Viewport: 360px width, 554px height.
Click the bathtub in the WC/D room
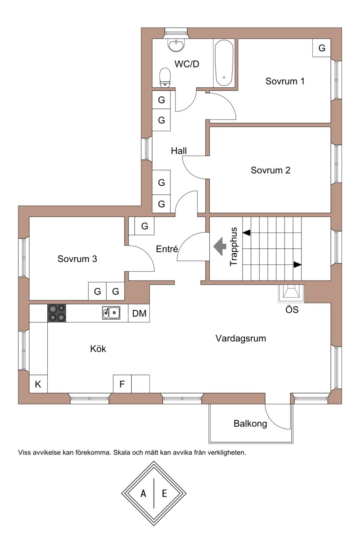(224, 63)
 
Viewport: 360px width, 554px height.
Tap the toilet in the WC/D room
(165, 78)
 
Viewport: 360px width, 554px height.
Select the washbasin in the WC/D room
(176, 45)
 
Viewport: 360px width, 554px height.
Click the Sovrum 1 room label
(285, 81)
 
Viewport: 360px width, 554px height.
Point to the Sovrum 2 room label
(270, 170)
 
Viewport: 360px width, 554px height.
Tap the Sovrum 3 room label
(77, 259)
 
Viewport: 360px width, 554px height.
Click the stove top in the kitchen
(57, 313)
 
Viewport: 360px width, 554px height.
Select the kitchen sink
(111, 313)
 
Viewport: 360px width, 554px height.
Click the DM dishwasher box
(139, 313)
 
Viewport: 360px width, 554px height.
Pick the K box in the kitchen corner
(38, 384)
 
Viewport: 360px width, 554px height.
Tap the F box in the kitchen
(122, 384)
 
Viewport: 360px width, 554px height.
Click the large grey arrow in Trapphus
(220, 246)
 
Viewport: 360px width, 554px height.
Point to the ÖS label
(292, 310)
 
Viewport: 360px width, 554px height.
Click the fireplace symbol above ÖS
(291, 294)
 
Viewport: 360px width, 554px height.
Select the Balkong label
(250, 424)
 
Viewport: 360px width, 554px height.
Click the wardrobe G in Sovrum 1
(322, 48)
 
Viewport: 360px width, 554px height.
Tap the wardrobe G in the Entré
(144, 226)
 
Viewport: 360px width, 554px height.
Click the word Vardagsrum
(241, 338)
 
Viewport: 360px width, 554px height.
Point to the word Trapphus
(234, 246)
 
